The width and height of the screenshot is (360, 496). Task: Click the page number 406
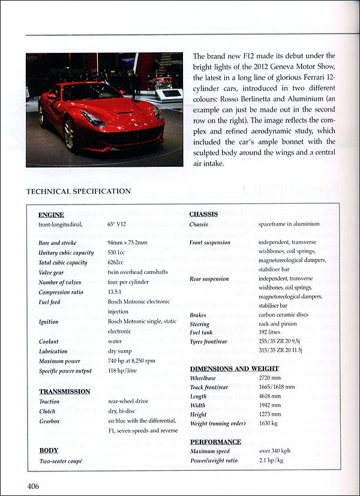(32, 486)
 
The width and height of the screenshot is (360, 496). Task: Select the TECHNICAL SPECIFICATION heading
(78, 191)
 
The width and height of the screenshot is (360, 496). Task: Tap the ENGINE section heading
(51, 215)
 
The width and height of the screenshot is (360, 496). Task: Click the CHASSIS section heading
(204, 214)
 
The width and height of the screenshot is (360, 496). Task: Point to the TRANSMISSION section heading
(64, 391)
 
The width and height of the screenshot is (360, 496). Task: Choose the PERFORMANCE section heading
(215, 441)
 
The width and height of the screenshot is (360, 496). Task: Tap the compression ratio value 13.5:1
(118, 292)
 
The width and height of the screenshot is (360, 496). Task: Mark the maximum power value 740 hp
(132, 361)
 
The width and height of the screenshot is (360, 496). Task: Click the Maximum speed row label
(209, 452)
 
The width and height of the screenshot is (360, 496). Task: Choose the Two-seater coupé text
(60, 461)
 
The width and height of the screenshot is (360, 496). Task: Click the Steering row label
(200, 324)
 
